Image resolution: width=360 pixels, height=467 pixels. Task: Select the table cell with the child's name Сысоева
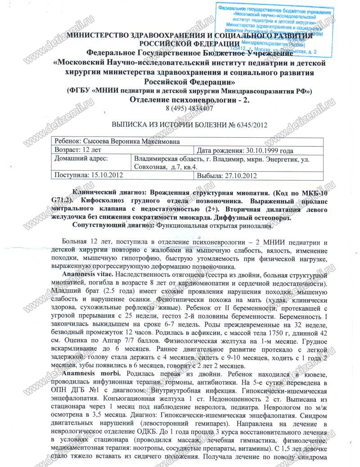pos(116,141)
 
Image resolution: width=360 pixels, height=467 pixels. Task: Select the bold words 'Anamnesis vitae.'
pos(86,274)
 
